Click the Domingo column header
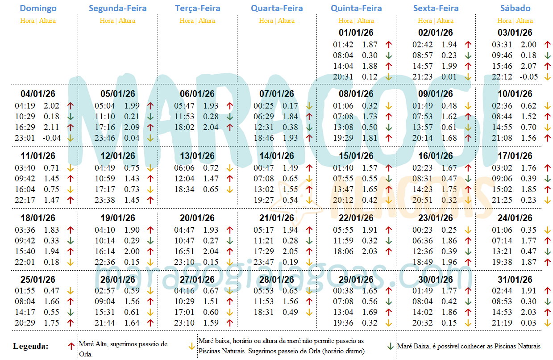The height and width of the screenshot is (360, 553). pos(38,8)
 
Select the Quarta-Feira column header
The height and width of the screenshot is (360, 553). pos(277,8)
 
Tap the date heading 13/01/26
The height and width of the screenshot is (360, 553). pos(197,156)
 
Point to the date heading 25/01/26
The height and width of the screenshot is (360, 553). pos(38,280)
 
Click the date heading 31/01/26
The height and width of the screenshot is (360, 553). pos(515,280)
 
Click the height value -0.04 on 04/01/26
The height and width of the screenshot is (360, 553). pos(51,138)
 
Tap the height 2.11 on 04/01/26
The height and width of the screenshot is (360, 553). pos(51,127)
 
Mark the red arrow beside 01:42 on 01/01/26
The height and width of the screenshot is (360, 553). pos(388,45)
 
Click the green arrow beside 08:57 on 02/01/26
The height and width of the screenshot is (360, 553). pos(468,55)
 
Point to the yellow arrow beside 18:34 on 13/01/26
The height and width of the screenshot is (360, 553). pos(229,189)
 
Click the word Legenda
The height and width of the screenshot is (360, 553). pos(31,346)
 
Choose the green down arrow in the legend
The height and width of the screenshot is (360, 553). pos(390,346)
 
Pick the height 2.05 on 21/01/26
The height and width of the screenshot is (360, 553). pos(290,251)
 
